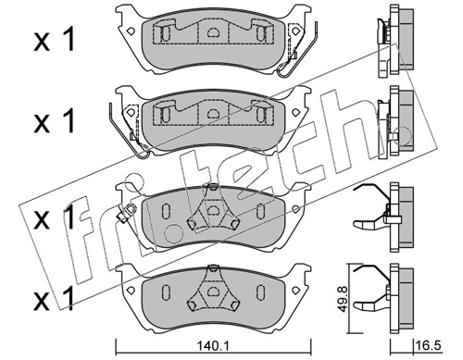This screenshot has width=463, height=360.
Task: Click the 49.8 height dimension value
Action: (342, 298)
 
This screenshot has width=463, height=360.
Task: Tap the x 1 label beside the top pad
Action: (55, 39)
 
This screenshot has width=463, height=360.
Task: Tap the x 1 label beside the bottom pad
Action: (55, 298)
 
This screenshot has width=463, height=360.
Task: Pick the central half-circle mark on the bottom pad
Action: (212, 292)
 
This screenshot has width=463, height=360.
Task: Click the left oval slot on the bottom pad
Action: (166, 292)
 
